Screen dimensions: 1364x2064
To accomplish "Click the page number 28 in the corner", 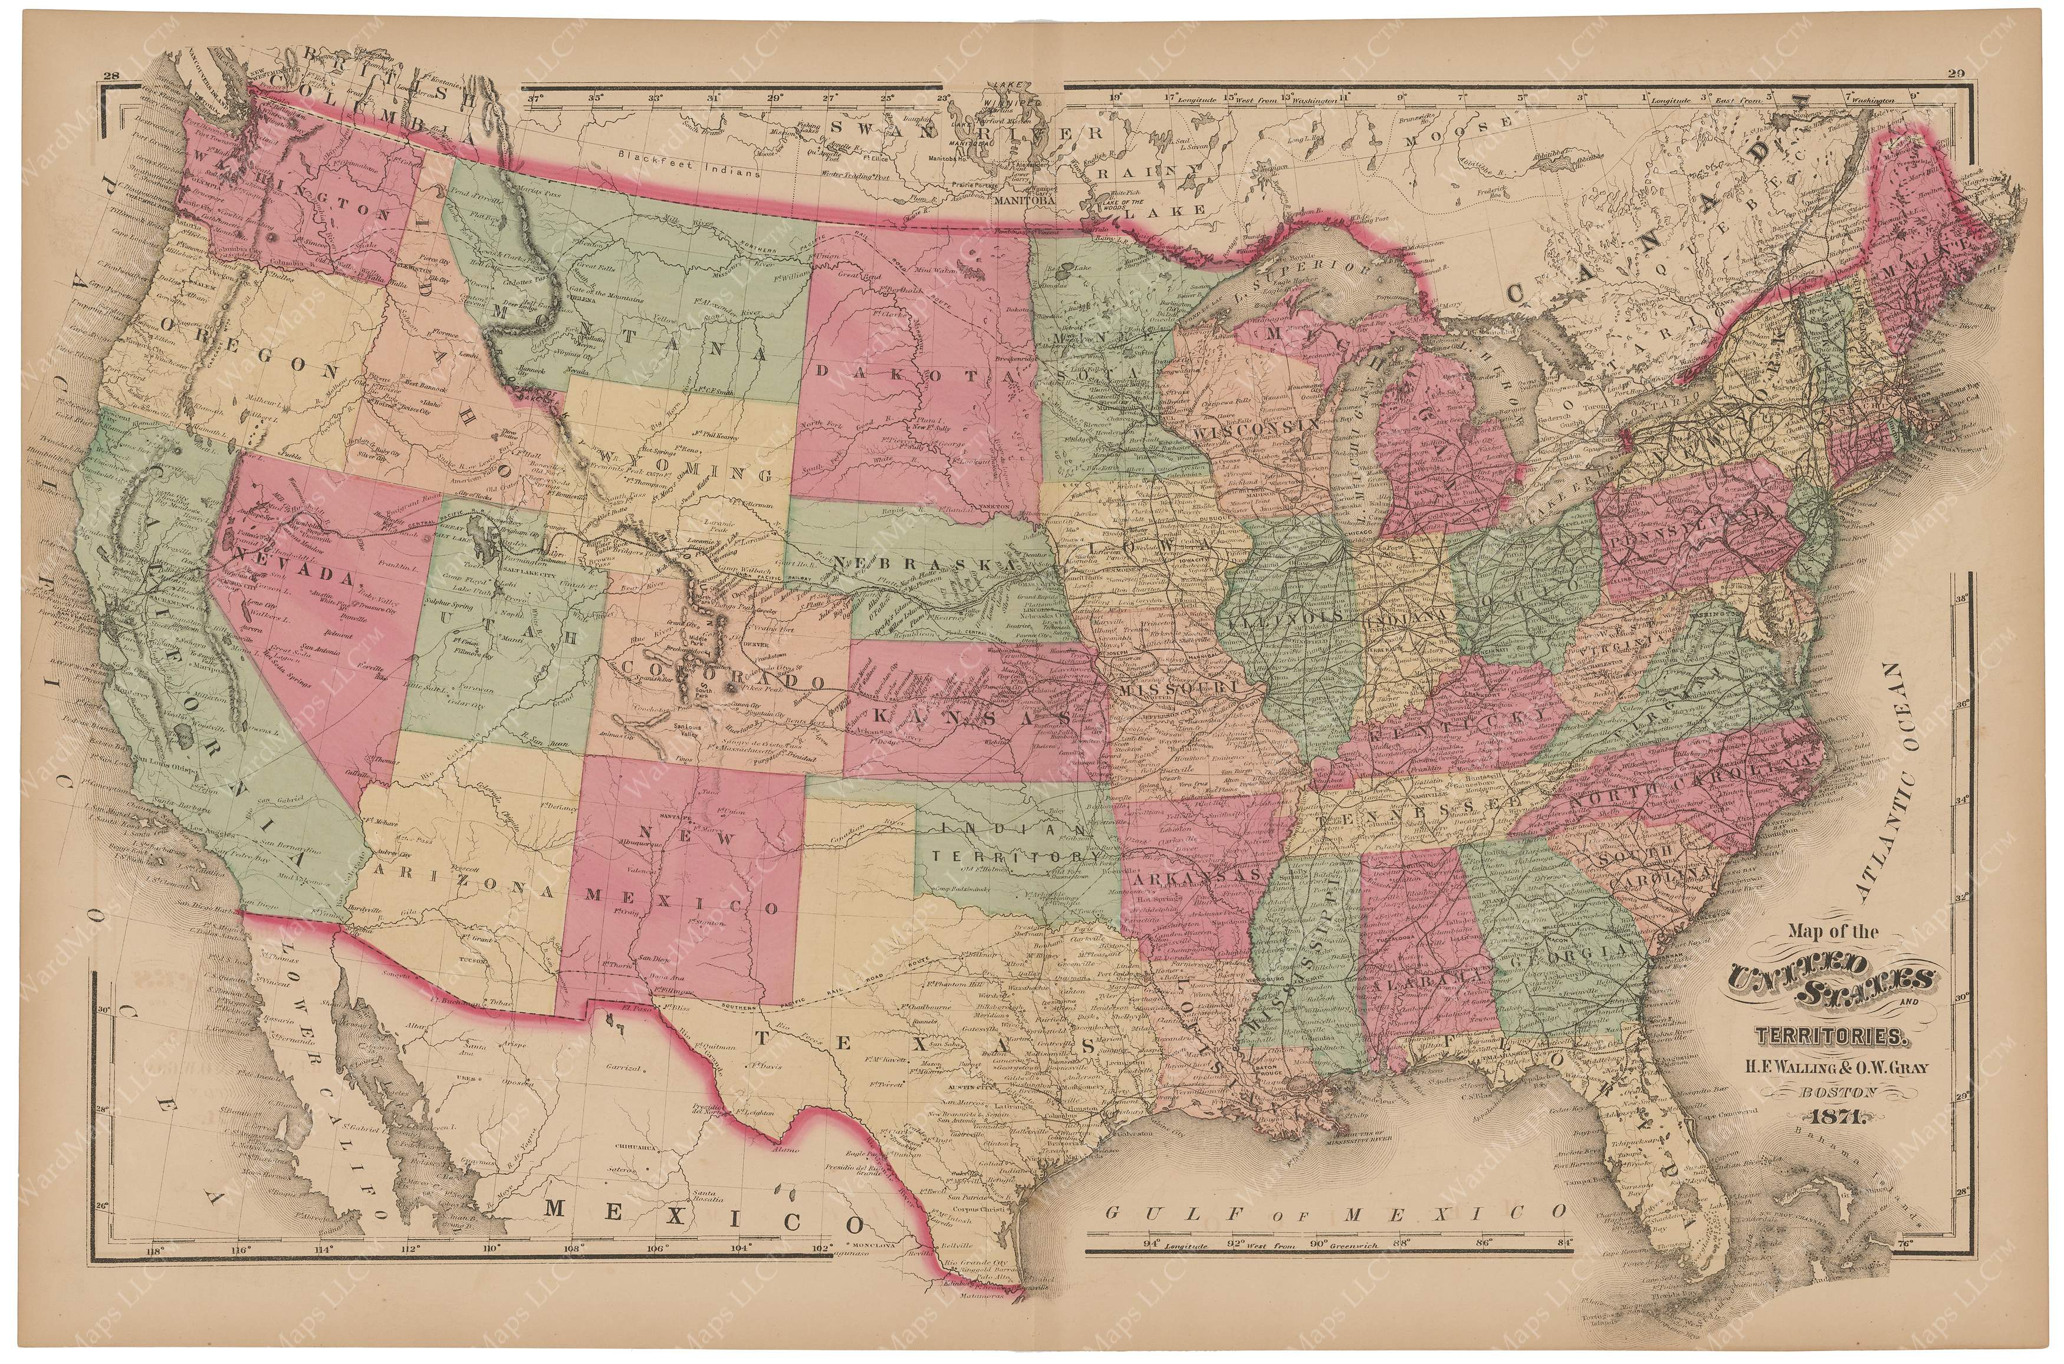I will click(110, 77).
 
